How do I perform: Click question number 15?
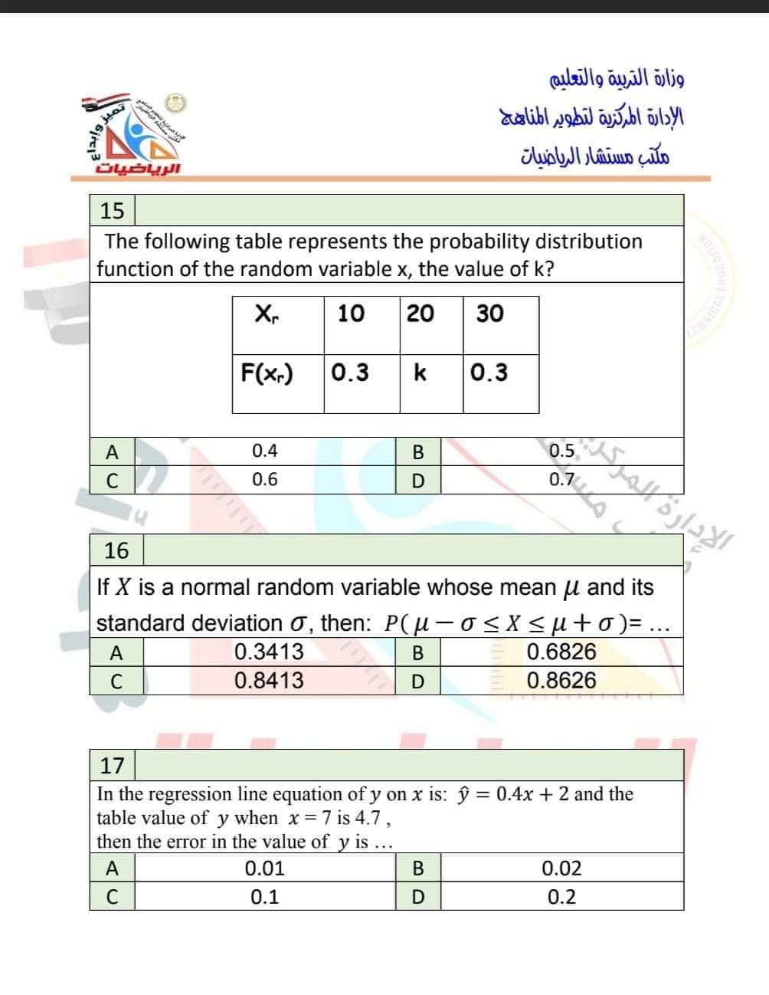(112, 210)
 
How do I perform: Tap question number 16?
(116, 550)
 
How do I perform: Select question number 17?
(112, 765)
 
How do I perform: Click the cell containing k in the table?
(420, 373)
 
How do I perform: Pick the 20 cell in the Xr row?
(420, 313)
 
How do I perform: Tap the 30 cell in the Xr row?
(490, 313)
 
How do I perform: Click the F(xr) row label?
(267, 373)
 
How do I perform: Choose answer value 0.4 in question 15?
(265, 451)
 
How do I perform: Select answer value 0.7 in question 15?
(561, 480)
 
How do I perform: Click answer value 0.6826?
(561, 652)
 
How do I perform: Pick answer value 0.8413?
(269, 681)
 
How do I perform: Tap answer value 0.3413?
(269, 652)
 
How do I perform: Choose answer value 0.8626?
(561, 681)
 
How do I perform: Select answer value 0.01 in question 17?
(265, 869)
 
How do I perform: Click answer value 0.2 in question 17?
(561, 897)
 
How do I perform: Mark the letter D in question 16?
(417, 681)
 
